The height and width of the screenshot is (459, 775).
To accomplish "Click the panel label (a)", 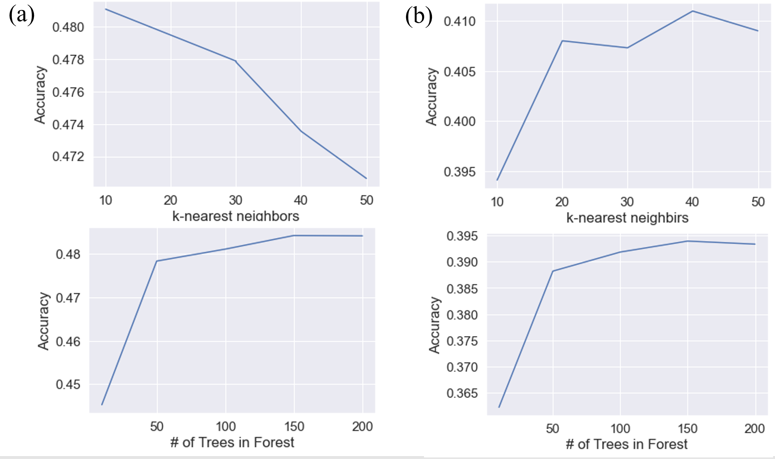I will tap(22, 16).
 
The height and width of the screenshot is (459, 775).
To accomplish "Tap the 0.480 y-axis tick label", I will tap(68, 28).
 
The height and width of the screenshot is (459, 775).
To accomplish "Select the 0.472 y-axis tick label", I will tap(68, 157).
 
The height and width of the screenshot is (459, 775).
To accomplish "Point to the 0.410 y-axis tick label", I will tap(459, 22).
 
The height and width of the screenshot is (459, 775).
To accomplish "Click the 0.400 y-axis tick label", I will tap(459, 122).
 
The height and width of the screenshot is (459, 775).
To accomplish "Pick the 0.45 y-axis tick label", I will tap(68, 385).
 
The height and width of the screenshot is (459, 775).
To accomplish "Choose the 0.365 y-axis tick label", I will tap(462, 394).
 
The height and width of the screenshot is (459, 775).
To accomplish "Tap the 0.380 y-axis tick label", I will tap(462, 315).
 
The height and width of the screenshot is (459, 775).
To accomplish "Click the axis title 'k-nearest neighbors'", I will tap(236, 216).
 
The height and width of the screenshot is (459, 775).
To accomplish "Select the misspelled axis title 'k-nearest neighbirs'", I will tap(627, 218).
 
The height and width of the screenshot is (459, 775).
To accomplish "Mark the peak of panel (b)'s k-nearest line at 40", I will tap(692, 11).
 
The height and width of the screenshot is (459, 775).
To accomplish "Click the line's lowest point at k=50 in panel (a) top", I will tap(366, 178).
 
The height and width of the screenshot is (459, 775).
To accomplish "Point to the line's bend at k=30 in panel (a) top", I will tap(236, 61).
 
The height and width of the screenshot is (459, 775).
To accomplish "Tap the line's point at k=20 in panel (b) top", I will tap(562, 41).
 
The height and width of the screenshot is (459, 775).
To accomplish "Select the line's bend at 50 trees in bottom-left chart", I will tap(157, 261).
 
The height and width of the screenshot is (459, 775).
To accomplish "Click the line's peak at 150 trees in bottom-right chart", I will tap(687, 241).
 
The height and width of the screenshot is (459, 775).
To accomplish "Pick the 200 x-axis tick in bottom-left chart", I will tap(362, 427).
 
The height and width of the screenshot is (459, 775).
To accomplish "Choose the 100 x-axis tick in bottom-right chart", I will tap(620, 429).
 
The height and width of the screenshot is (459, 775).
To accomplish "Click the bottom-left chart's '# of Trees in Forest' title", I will tap(232, 443).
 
